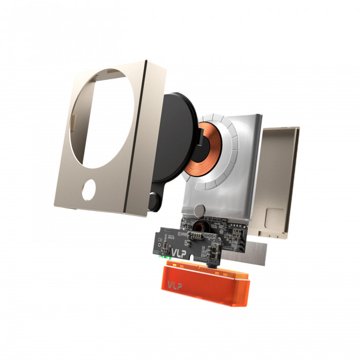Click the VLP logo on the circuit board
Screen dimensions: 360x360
pos(179,253)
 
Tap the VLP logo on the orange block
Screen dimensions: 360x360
pos(175,285)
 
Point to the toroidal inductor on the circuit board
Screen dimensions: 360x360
pos(198,226)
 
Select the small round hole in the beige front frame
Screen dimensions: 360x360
pos(88,190)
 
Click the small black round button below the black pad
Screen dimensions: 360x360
pos(154,202)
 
